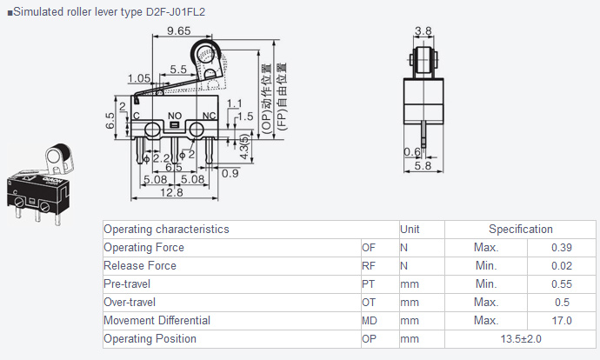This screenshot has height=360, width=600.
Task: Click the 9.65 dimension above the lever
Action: click(x=179, y=30)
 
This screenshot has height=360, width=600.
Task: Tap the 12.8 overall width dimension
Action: click(x=171, y=192)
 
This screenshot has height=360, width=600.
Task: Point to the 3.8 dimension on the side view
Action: click(x=423, y=31)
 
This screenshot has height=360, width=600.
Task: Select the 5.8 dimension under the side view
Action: click(x=423, y=166)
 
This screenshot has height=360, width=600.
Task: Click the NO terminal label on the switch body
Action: click(x=175, y=116)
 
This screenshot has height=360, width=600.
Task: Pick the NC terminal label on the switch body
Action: click(x=209, y=116)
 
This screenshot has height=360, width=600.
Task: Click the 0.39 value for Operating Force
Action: click(x=562, y=248)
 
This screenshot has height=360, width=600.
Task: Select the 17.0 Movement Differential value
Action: click(x=562, y=321)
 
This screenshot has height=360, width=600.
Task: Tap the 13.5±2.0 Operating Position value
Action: click(x=521, y=339)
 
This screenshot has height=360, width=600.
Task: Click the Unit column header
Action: click(x=410, y=230)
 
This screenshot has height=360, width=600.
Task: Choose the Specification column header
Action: click(x=520, y=230)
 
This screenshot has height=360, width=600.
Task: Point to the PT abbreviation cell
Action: click(x=368, y=284)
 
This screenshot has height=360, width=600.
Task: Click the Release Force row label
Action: click(x=140, y=265)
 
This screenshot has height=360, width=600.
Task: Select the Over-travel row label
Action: click(x=130, y=303)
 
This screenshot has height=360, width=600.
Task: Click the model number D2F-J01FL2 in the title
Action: click(x=176, y=12)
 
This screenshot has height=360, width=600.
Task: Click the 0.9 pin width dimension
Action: click(x=230, y=173)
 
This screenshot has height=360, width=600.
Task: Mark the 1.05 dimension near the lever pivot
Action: click(x=139, y=78)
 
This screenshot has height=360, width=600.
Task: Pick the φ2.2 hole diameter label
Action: click(x=157, y=158)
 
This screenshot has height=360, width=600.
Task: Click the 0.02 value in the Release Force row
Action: click(x=562, y=266)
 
